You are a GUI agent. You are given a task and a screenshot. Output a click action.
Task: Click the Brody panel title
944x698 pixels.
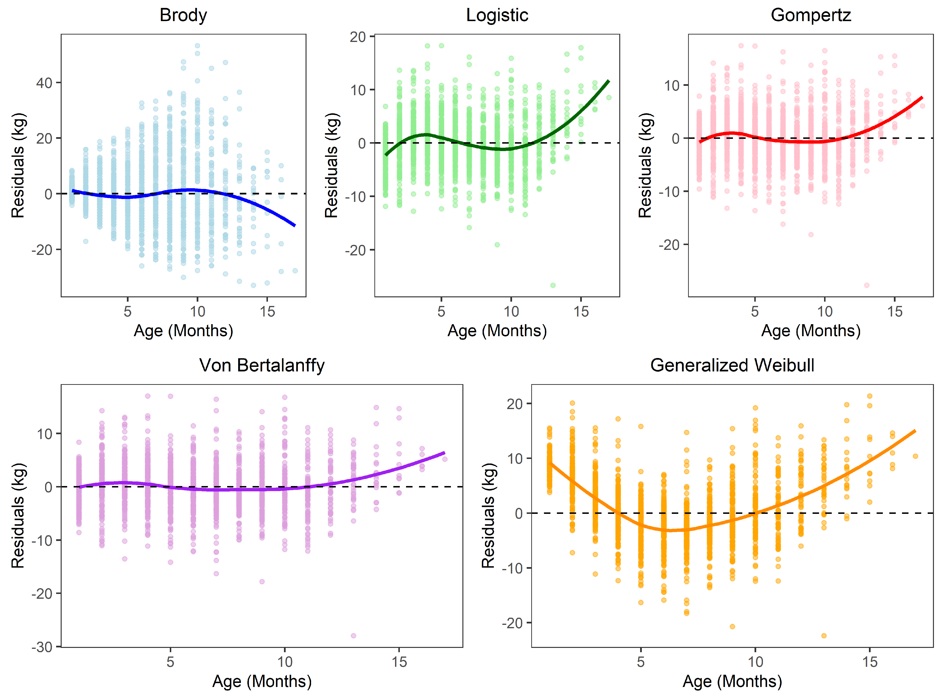[183, 15]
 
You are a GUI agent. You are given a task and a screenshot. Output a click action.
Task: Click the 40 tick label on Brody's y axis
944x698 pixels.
[44, 83]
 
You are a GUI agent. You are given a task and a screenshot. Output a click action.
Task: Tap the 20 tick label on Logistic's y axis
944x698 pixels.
[358, 37]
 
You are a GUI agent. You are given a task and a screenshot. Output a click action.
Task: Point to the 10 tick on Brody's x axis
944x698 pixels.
[197, 312]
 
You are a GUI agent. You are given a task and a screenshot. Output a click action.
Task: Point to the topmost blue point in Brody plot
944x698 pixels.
[197, 46]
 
